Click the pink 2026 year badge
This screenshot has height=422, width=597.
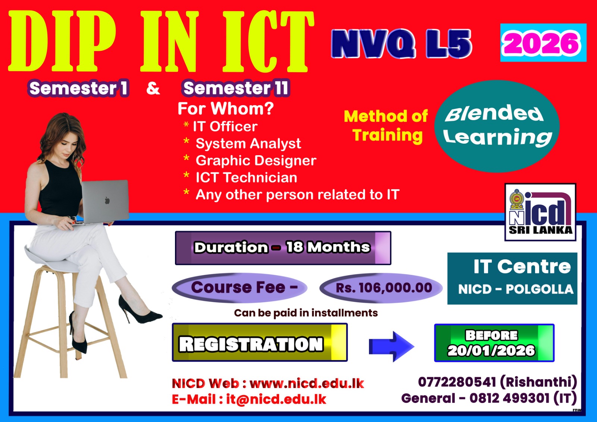click(x=543, y=43)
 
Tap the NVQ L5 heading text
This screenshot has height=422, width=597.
click(x=401, y=44)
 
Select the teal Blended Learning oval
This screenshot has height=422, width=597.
click(x=497, y=126)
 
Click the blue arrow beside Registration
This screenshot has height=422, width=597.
click(x=391, y=346)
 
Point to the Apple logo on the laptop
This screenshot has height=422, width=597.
click(x=107, y=200)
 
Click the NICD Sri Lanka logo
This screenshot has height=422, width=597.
click(x=541, y=212)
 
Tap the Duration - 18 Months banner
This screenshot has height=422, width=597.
click(x=283, y=248)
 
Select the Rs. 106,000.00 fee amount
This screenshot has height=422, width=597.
click(x=384, y=288)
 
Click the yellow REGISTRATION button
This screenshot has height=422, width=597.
click(x=260, y=342)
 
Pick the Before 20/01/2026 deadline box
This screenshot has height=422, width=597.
click(x=494, y=343)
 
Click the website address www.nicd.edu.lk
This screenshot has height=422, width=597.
click(x=307, y=384)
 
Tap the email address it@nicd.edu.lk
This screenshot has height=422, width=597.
click(x=276, y=399)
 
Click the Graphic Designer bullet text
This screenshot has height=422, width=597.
click(x=256, y=160)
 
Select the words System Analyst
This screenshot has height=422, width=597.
click(x=249, y=143)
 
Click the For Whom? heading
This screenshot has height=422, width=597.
click(x=226, y=109)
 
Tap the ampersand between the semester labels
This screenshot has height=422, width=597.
click(x=153, y=88)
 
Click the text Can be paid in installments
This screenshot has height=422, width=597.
click(x=306, y=313)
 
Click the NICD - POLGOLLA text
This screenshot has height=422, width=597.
click(x=516, y=289)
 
